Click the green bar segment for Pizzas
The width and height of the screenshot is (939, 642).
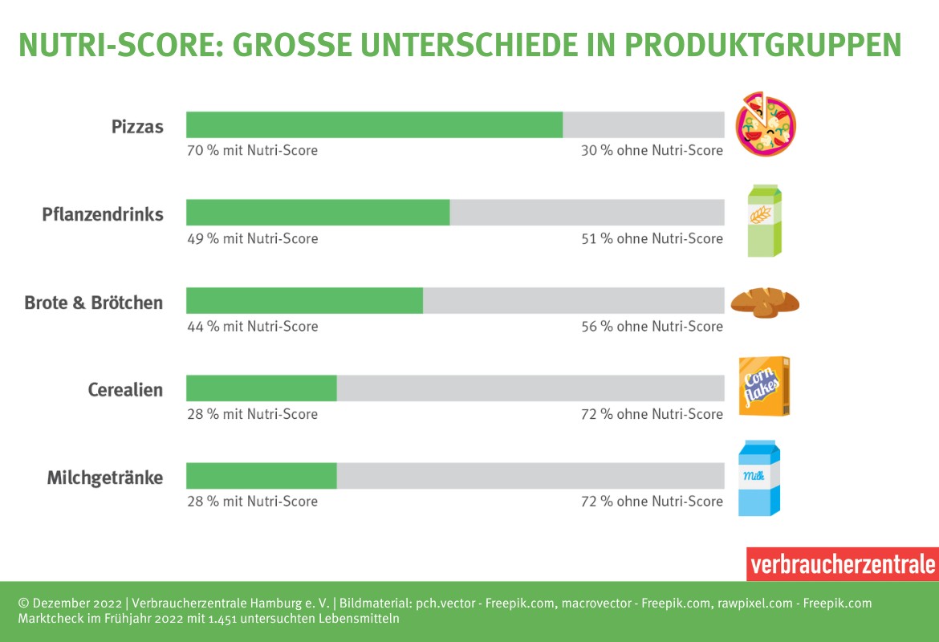[374, 125]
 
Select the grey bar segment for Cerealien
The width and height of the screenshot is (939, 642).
[530, 388]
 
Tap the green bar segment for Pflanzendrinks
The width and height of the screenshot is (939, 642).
[318, 213]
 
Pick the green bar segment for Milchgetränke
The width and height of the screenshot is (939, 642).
[261, 476]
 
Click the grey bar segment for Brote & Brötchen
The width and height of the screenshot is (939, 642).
[573, 301]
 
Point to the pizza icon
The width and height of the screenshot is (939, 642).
[766, 124]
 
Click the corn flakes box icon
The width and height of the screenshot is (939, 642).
[763, 387]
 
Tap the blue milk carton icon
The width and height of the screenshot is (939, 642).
[759, 478]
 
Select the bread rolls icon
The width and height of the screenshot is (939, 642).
[764, 302]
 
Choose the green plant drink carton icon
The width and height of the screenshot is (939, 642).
[764, 221]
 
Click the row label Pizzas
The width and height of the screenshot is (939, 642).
[137, 127]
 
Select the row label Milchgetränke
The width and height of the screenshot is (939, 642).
[105, 478]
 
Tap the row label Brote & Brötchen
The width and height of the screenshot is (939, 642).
[94, 303]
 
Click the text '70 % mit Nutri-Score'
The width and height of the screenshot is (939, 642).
[252, 150]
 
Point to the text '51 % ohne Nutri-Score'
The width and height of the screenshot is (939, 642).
[652, 238]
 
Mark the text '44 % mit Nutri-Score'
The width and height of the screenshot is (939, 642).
[252, 326]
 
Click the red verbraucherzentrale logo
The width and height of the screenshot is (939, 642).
[842, 564]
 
